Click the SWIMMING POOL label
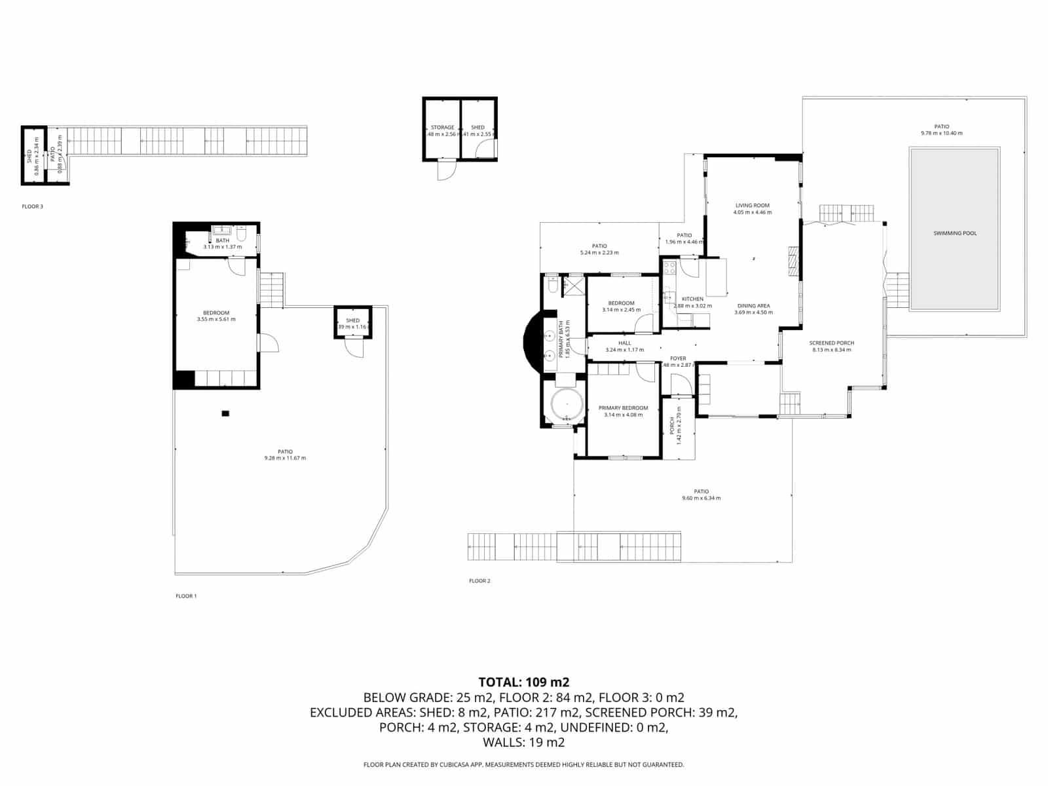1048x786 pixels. click(955, 233)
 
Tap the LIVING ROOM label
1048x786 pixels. click(752, 206)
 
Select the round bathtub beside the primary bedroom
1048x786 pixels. click(565, 404)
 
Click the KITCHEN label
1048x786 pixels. click(692, 299)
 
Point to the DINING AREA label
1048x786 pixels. click(753, 306)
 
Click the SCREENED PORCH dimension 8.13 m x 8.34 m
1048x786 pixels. click(831, 350)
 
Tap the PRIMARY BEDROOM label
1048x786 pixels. click(623, 408)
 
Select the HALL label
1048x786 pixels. click(624, 343)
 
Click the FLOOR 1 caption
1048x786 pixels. click(186, 596)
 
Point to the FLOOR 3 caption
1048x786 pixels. click(32, 206)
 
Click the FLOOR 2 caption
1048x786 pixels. click(479, 581)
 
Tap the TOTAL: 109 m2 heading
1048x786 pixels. click(523, 683)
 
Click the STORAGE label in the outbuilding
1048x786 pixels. click(442, 128)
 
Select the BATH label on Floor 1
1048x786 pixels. click(222, 240)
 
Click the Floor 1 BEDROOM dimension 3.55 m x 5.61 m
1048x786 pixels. click(216, 320)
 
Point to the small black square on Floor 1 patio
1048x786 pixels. click(225, 413)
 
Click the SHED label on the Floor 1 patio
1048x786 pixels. click(353, 320)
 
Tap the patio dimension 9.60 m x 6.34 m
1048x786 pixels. click(701, 498)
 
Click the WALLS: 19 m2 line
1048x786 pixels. click(523, 743)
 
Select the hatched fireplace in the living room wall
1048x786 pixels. click(793, 262)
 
